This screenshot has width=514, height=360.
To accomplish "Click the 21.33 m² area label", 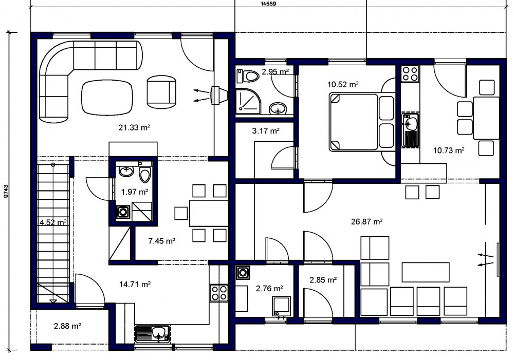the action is tap(134, 127).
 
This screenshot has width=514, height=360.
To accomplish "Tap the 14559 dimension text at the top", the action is tap(268, 4).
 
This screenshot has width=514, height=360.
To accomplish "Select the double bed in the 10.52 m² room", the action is tap(362, 122).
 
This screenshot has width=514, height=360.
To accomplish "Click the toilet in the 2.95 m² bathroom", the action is tap(248, 76).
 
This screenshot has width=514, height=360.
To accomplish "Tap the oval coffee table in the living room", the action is tap(107, 98).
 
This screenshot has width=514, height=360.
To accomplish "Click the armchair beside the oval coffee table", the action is tap(161, 92).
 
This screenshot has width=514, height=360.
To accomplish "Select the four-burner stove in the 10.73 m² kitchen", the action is tap(410, 73).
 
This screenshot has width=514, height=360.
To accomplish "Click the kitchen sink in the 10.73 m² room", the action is tap(410, 130).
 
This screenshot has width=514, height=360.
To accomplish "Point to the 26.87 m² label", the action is tap(367, 222).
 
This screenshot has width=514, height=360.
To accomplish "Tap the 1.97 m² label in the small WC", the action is tap(134, 192).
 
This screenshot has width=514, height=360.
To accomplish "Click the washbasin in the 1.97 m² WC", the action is tap(126, 170).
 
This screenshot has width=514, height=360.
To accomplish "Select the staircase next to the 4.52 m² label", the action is tap(53, 233).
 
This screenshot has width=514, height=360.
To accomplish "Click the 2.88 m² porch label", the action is tap(67, 326).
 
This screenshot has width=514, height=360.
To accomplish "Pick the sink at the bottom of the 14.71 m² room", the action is tap(153, 334).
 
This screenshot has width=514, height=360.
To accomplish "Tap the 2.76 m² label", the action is tap(269, 289).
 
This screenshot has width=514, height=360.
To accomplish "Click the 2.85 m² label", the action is tap(323, 280).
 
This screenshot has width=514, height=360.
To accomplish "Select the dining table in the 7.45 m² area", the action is tap(209, 213).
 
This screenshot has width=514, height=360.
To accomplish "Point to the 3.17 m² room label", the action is tap(266, 131).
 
